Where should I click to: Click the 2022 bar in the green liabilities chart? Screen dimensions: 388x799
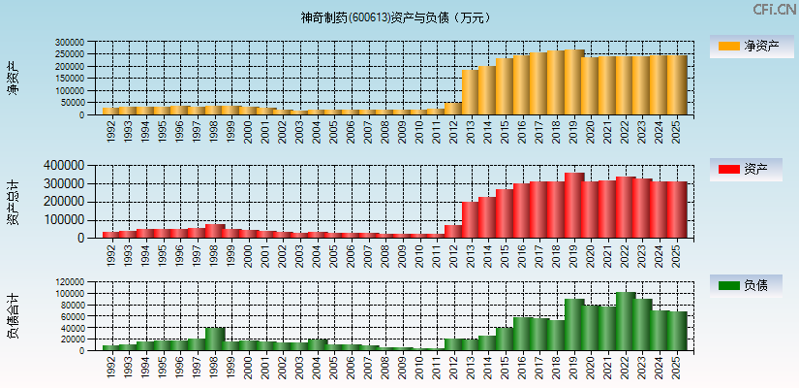point(625,321)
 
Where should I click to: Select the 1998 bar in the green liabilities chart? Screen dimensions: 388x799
point(215,339)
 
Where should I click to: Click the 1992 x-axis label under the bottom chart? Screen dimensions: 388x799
point(110,365)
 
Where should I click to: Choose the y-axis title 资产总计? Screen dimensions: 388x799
point(13,202)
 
